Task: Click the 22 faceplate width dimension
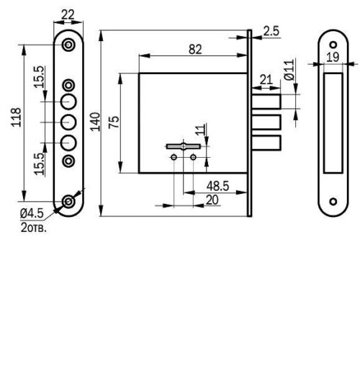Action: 68,14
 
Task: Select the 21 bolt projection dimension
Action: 265,79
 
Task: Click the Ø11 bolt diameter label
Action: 289,70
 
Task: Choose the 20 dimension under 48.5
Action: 212,200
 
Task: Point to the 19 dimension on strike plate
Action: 332,56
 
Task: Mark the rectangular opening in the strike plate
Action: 333,122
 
